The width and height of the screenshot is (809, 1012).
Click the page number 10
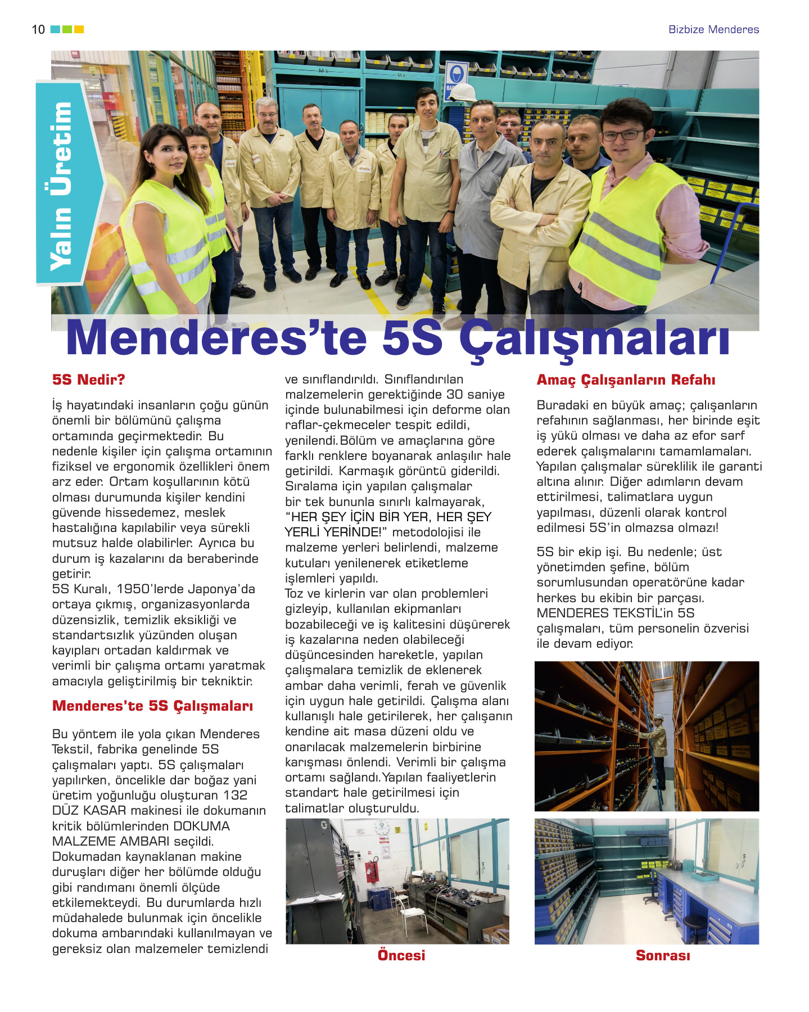coord(38,30)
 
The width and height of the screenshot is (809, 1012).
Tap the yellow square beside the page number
coord(79,29)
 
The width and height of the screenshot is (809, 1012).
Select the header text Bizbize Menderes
coord(713,30)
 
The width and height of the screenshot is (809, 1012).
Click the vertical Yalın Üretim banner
coord(61,186)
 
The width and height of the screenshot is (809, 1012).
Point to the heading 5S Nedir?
coord(88,379)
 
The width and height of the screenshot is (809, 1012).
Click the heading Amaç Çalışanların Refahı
coord(626,380)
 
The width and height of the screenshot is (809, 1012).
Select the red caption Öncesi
coord(401,955)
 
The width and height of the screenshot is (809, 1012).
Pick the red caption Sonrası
coord(662,955)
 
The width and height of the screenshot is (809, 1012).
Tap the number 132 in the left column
coord(235,795)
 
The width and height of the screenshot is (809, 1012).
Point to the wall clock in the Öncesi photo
coord(382,827)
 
